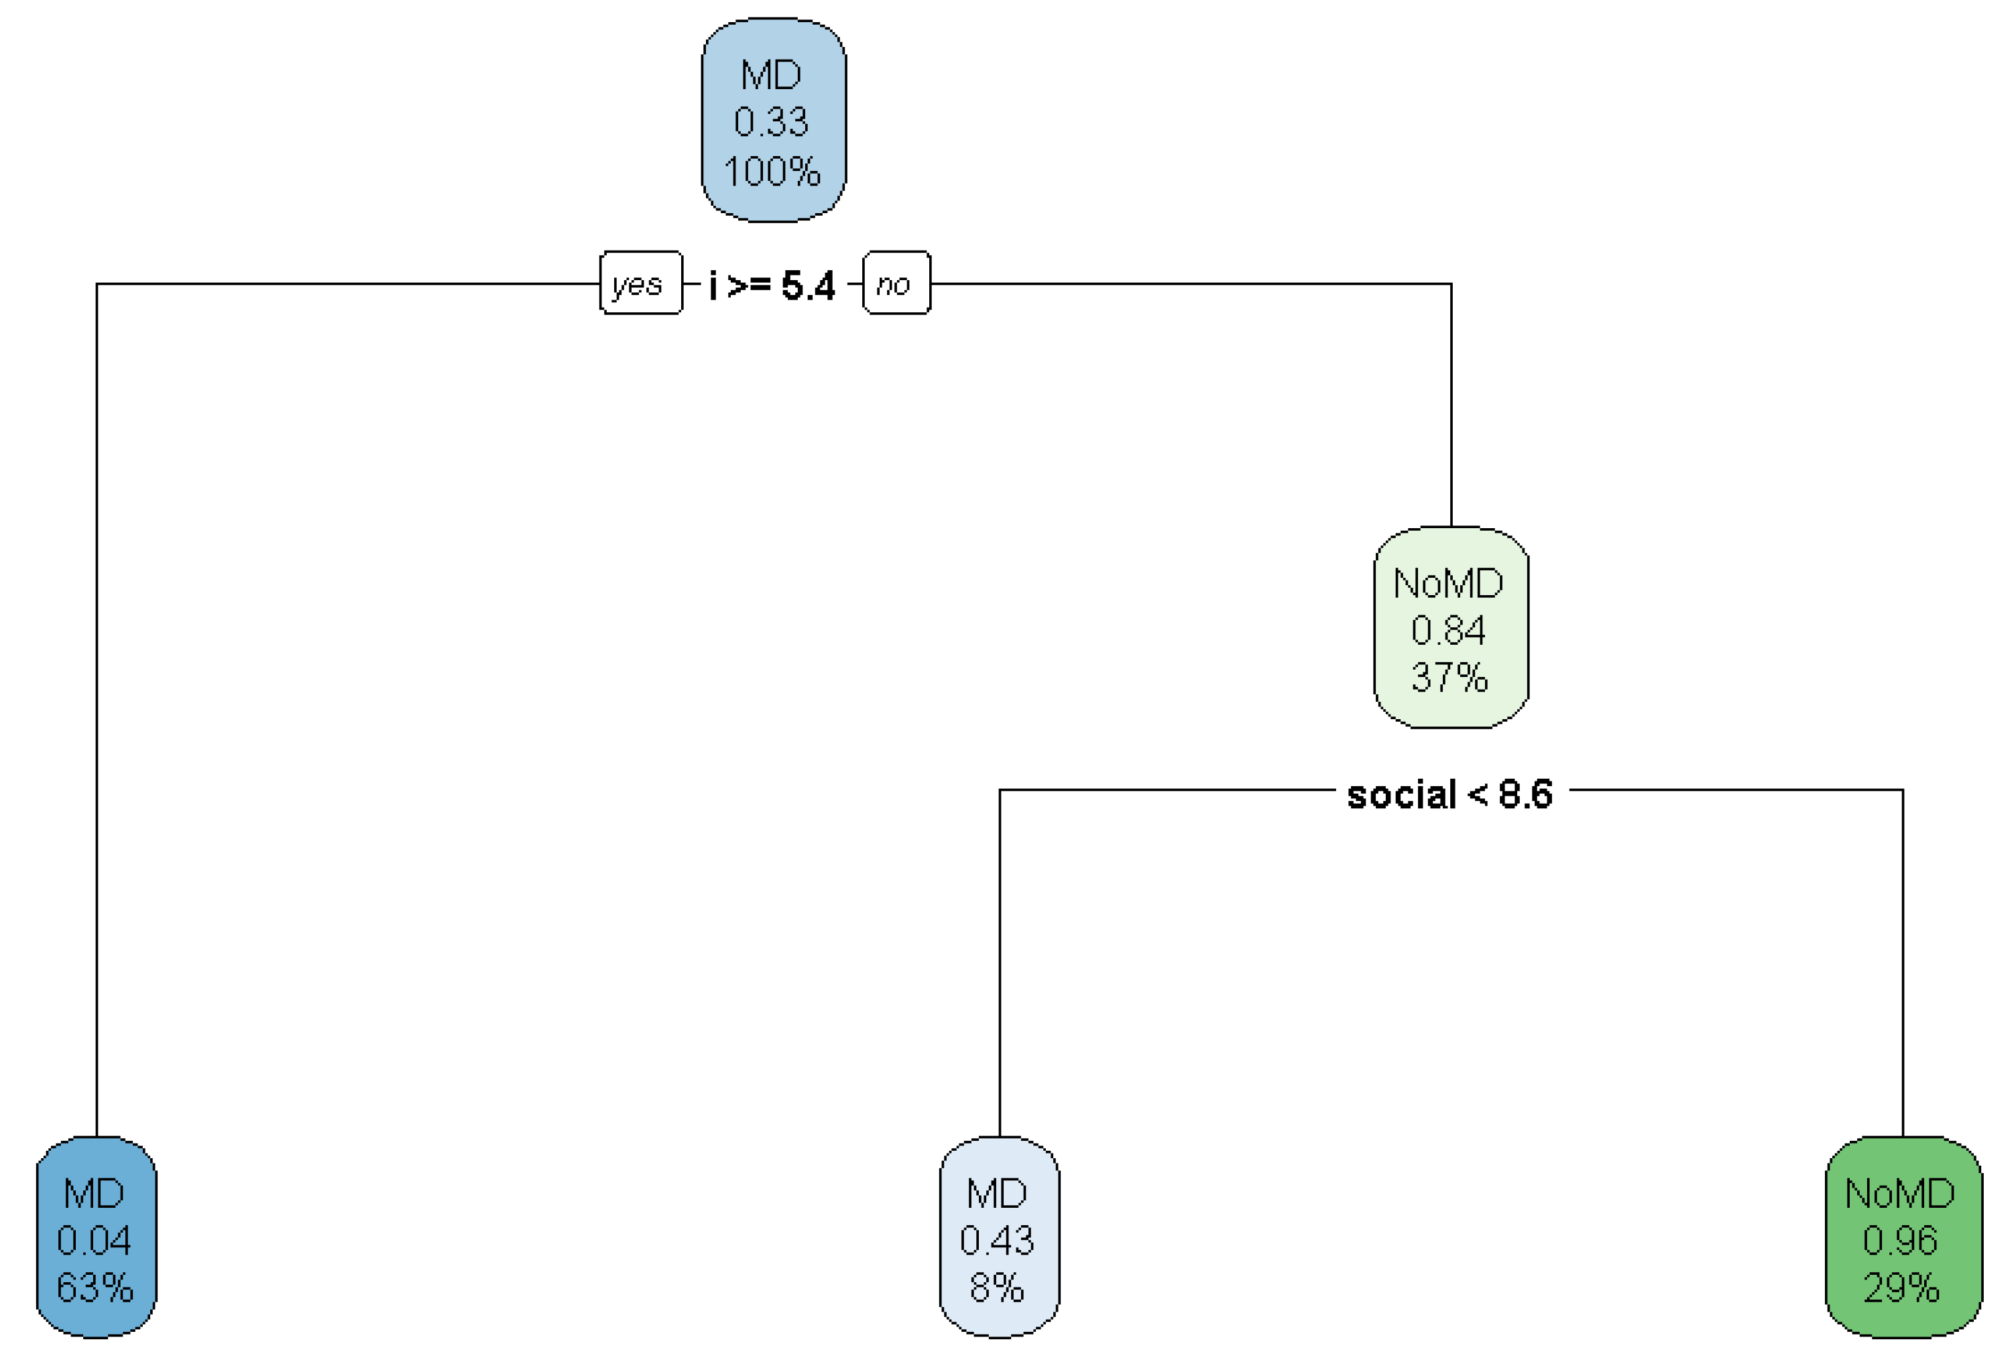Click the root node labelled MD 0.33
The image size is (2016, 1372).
(773, 121)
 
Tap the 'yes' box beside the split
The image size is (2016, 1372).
(641, 284)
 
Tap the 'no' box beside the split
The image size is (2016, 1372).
(896, 284)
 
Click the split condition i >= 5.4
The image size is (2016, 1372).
(772, 284)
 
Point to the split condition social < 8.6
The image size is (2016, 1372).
(1449, 794)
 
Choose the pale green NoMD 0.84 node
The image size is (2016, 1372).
(1450, 628)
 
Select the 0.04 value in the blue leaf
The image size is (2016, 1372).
(94, 1240)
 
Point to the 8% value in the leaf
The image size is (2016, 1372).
(998, 1288)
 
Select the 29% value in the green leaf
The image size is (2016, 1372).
(1901, 1288)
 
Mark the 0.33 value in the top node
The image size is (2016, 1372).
(771, 121)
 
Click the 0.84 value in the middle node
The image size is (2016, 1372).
(1449, 631)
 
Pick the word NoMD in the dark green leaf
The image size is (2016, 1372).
(1901, 1193)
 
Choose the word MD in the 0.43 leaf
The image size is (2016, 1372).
(997, 1193)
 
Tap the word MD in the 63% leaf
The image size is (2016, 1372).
(94, 1193)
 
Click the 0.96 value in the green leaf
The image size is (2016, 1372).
(1901, 1240)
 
